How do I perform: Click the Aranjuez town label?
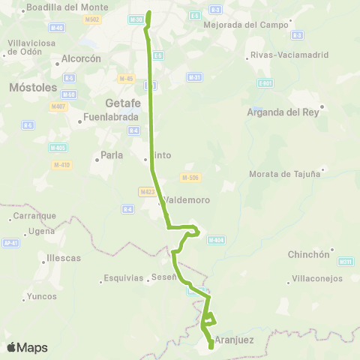pos(234,340)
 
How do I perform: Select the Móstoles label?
pos(28,88)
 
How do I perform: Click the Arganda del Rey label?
pos(283,112)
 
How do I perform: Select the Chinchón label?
pos(309,254)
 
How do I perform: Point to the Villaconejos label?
pos(316,278)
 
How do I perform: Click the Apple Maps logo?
pos(27,348)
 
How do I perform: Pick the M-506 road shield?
pos(189,178)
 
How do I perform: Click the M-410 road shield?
pos(61,164)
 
